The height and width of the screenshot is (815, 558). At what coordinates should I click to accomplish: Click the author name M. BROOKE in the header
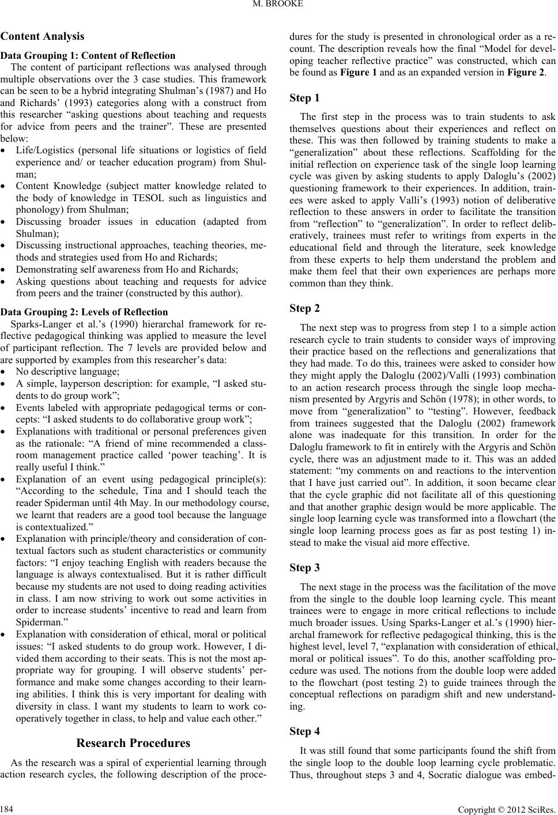278,7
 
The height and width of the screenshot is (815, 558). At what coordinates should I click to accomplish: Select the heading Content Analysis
43,36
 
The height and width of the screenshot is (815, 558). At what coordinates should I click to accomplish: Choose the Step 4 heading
306,731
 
